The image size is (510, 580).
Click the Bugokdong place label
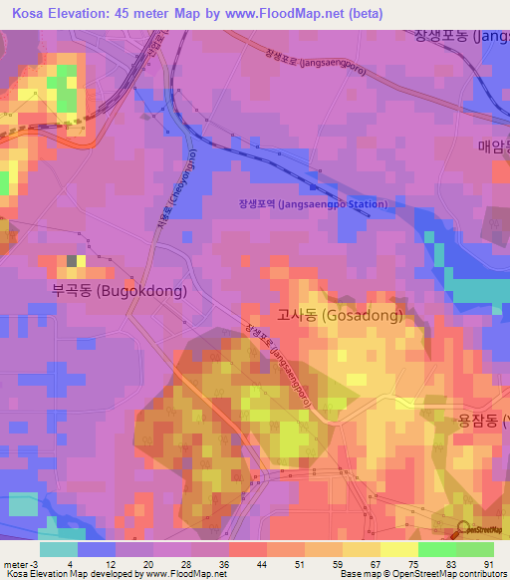[x=119, y=291]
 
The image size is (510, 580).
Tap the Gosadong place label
[x=340, y=316]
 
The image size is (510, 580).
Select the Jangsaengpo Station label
[x=313, y=204]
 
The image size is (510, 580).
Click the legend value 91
[x=487, y=564]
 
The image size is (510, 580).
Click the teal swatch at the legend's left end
[x=58, y=549]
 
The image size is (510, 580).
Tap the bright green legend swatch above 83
[x=436, y=549]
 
